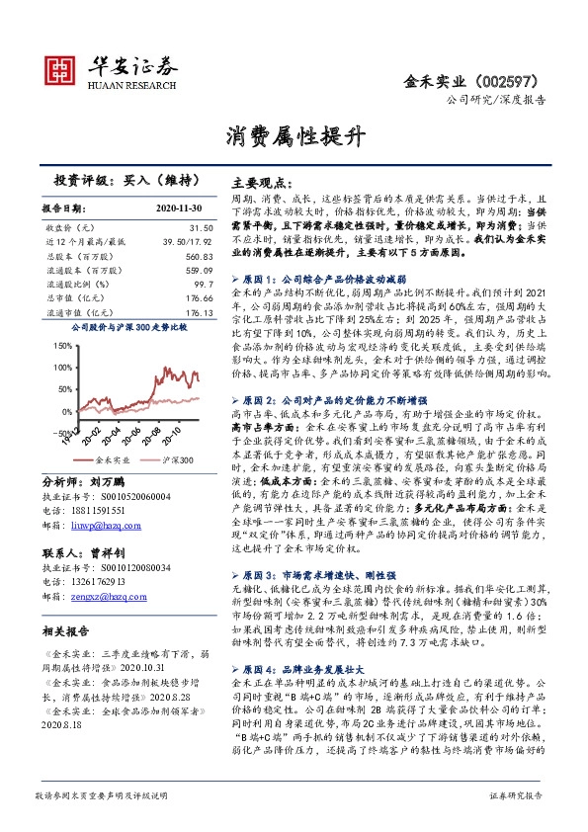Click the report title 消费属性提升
click(294, 133)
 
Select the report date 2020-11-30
click(177, 209)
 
